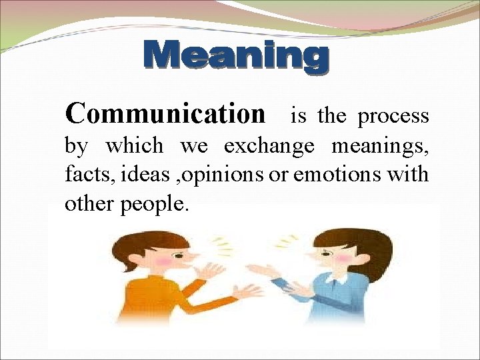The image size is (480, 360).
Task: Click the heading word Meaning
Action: (x=237, y=57)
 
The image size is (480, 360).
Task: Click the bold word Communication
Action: (x=165, y=114)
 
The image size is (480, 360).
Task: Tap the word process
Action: (x=393, y=116)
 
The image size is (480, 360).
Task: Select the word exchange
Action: (x=269, y=145)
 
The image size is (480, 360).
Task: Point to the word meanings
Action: (x=380, y=145)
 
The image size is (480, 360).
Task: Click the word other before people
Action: (x=90, y=203)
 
